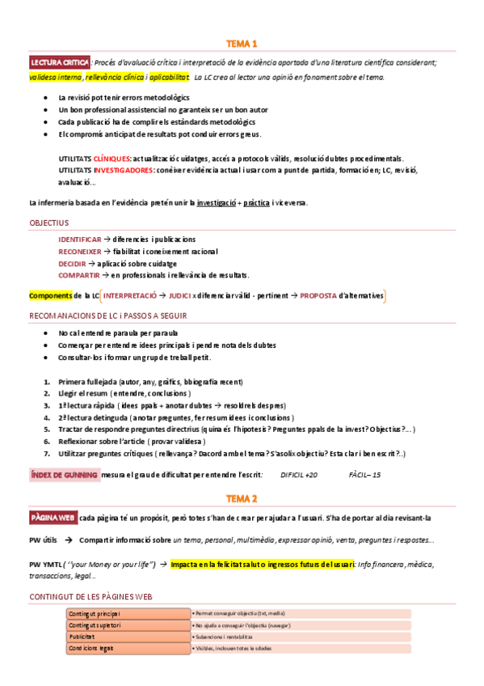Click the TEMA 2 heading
(242, 498)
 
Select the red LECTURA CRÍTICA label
(59, 62)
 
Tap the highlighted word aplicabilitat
(169, 77)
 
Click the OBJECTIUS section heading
(49, 222)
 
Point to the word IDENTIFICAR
(80, 239)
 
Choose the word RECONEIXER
(80, 252)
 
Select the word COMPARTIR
(79, 276)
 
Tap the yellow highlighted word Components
(50, 296)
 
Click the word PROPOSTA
(318, 296)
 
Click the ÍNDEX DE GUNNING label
(64, 475)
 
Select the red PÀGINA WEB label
(53, 517)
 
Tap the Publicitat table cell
(84, 637)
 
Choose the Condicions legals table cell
(91, 648)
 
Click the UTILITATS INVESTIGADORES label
(106, 171)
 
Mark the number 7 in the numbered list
(45, 455)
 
